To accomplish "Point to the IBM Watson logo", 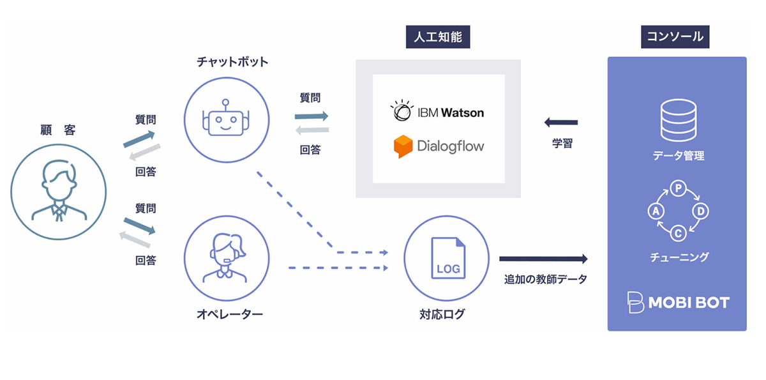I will [x=438, y=112].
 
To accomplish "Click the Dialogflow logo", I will [x=439, y=146].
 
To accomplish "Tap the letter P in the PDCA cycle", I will [x=677, y=188].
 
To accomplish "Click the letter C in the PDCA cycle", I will [x=678, y=233].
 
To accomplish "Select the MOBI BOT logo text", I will [x=679, y=303].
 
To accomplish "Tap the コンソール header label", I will [x=675, y=36].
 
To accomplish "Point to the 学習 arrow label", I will [x=562, y=144].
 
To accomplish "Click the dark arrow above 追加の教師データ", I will [x=543, y=259].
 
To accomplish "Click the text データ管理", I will [x=678, y=155].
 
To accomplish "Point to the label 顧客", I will [x=57, y=130].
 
